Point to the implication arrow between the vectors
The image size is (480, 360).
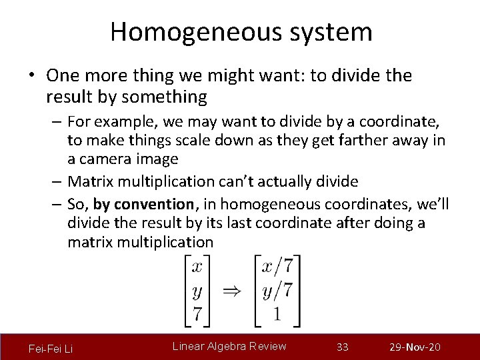231,290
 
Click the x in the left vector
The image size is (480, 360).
197,267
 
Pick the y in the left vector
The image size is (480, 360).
197,291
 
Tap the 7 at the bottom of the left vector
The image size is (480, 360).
197,313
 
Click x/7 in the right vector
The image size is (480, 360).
277,267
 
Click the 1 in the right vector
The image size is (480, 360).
277,313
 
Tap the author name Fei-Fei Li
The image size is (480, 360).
51,349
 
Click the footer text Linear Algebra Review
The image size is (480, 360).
229,346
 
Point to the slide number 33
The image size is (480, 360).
343,347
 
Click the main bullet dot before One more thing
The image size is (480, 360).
31,77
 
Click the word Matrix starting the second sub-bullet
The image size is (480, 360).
91,181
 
